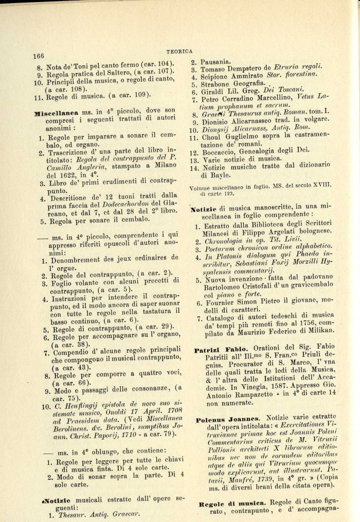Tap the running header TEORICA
(x=179, y=50)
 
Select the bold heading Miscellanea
(x=56, y=111)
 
